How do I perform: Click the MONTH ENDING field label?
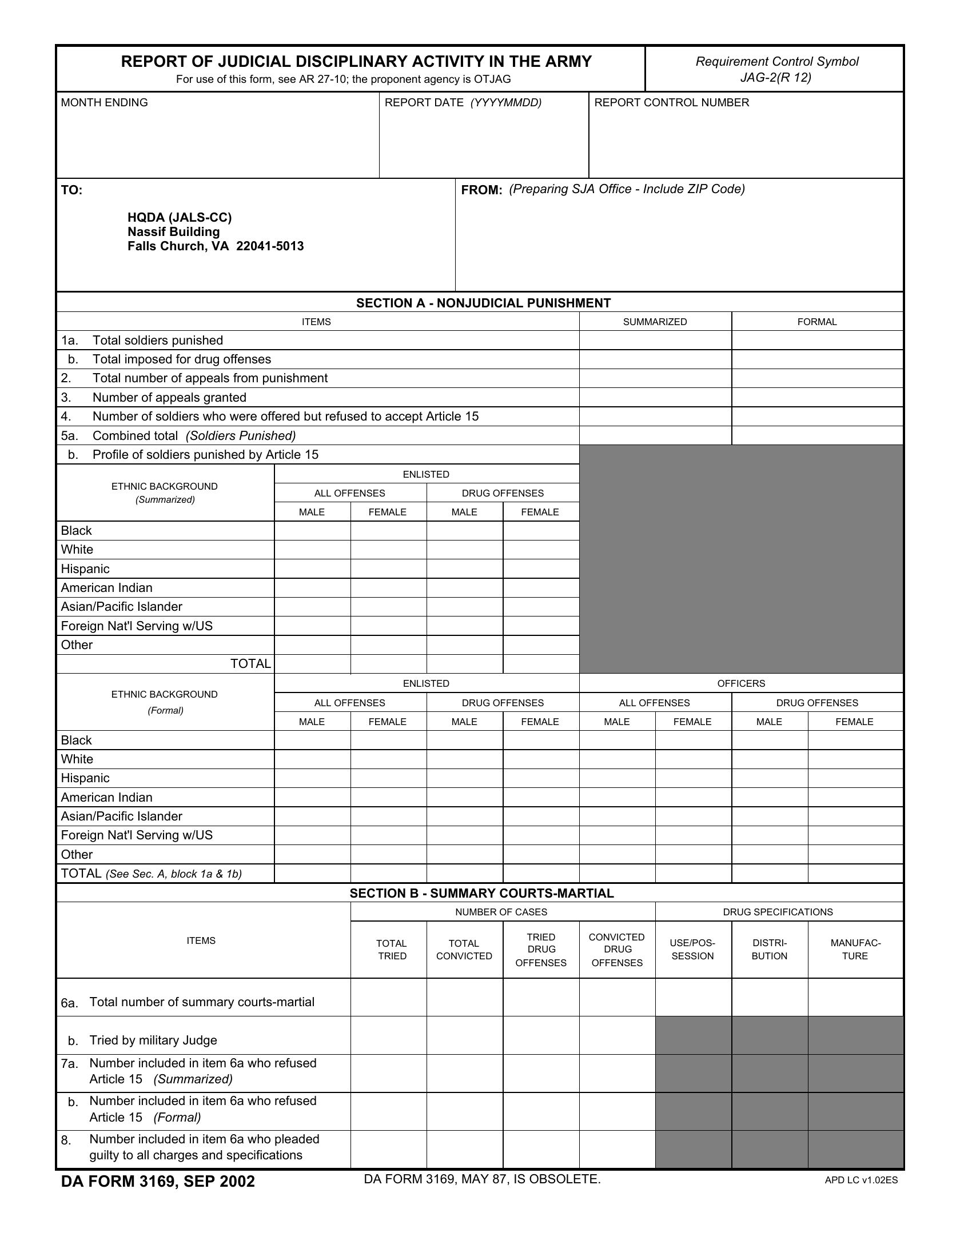tap(104, 102)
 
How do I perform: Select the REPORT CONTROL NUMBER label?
tap(671, 102)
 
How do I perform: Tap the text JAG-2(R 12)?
tap(776, 77)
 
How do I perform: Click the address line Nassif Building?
tap(173, 232)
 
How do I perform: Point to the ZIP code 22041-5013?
tap(270, 246)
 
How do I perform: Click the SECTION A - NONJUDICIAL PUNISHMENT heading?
tap(483, 303)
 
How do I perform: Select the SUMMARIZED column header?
tap(655, 322)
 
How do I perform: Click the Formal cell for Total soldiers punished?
tap(816, 340)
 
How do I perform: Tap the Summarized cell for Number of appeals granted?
tap(655, 397)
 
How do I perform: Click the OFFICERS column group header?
tap(740, 683)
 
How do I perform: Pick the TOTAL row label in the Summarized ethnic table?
tap(250, 663)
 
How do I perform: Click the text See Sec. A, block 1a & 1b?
tap(173, 874)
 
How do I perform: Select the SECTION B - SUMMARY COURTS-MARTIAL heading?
tap(481, 893)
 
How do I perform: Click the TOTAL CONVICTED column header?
tap(464, 950)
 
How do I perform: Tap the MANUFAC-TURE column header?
tap(855, 950)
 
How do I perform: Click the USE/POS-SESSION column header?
tap(693, 950)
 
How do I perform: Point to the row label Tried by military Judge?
tap(153, 1040)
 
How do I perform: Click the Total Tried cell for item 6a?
tap(389, 998)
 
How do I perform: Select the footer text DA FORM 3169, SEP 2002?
tap(158, 1181)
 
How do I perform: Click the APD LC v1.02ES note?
tap(861, 1180)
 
